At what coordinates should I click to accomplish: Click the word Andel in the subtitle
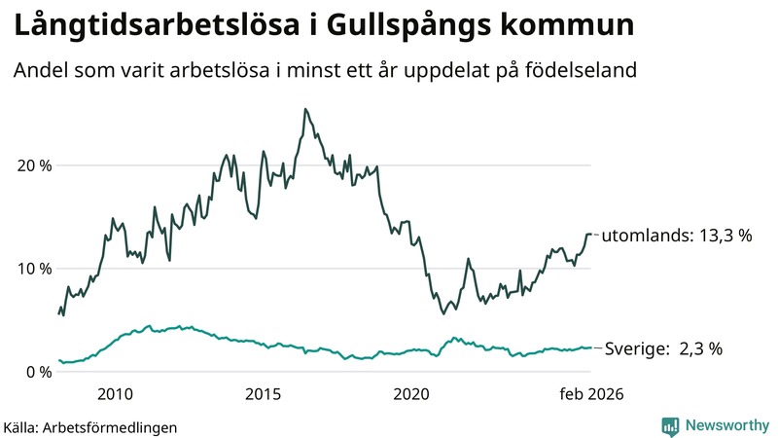[x=38, y=71]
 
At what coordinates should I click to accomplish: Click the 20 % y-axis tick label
[x=35, y=164]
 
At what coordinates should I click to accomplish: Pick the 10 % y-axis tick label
[x=35, y=269]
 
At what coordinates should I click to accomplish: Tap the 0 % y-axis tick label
[x=39, y=372]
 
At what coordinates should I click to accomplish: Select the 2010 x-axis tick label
[x=115, y=394]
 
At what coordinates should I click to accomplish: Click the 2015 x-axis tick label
[x=264, y=394]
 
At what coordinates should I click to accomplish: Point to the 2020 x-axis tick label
[x=411, y=394]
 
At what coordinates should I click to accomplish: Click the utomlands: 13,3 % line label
[x=677, y=236]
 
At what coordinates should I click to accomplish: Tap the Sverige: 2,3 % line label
[x=663, y=348]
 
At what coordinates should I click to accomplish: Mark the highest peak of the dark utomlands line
[x=305, y=109]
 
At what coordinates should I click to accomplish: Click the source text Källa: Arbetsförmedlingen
[x=90, y=427]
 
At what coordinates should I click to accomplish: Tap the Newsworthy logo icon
[x=670, y=425]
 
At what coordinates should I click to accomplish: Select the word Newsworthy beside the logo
[x=726, y=425]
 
